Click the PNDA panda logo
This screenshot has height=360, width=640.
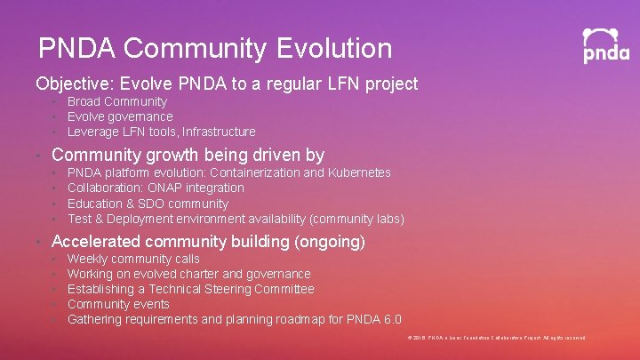click(606, 45)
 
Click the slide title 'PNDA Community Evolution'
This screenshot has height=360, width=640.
click(215, 47)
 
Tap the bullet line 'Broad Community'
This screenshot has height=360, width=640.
click(116, 101)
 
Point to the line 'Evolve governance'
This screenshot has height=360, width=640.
click(120, 116)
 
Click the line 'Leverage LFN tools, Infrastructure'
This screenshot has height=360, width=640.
click(161, 132)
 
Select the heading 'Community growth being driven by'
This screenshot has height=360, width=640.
click(188, 156)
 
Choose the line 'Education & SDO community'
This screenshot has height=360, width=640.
click(148, 204)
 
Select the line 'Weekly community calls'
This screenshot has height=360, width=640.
click(133, 259)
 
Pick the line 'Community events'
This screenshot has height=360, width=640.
click(117, 304)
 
